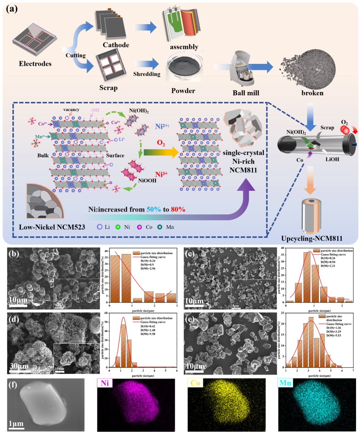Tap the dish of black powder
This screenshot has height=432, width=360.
[184, 67]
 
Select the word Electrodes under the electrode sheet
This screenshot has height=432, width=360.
[35, 64]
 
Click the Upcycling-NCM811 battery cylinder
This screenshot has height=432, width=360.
[311, 216]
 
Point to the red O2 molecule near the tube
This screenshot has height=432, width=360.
[345, 130]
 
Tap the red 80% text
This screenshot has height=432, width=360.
[178, 209]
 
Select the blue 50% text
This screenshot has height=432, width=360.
[153, 209]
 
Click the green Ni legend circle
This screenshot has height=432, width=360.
[118, 227]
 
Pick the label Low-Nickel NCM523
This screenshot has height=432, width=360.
[52, 227]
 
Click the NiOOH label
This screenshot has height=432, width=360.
[147, 180]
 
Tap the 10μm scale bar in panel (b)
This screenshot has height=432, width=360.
[18, 305]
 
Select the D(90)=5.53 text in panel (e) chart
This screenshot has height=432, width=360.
[334, 335]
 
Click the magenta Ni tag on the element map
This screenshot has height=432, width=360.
[105, 383]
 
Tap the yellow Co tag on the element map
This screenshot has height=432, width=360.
[195, 383]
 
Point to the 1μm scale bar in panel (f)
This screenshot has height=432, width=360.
[16, 428]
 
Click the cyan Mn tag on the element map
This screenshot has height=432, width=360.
[285, 383]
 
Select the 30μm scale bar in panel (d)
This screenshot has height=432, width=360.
[20, 371]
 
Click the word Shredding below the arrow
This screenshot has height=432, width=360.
[147, 74]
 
